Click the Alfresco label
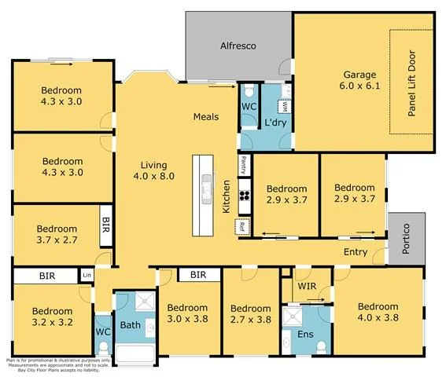(238, 45)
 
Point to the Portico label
(407, 238)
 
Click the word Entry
(356, 252)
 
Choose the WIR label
(307, 287)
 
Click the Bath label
(130, 324)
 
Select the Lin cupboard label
(86, 276)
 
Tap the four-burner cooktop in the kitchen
(244, 196)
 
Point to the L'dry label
(275, 123)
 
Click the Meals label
(206, 117)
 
